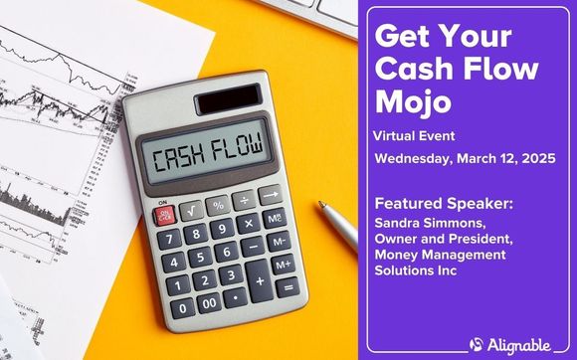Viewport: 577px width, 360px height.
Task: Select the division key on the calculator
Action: click(x=245, y=201)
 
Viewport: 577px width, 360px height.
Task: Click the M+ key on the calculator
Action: click(x=283, y=264)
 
